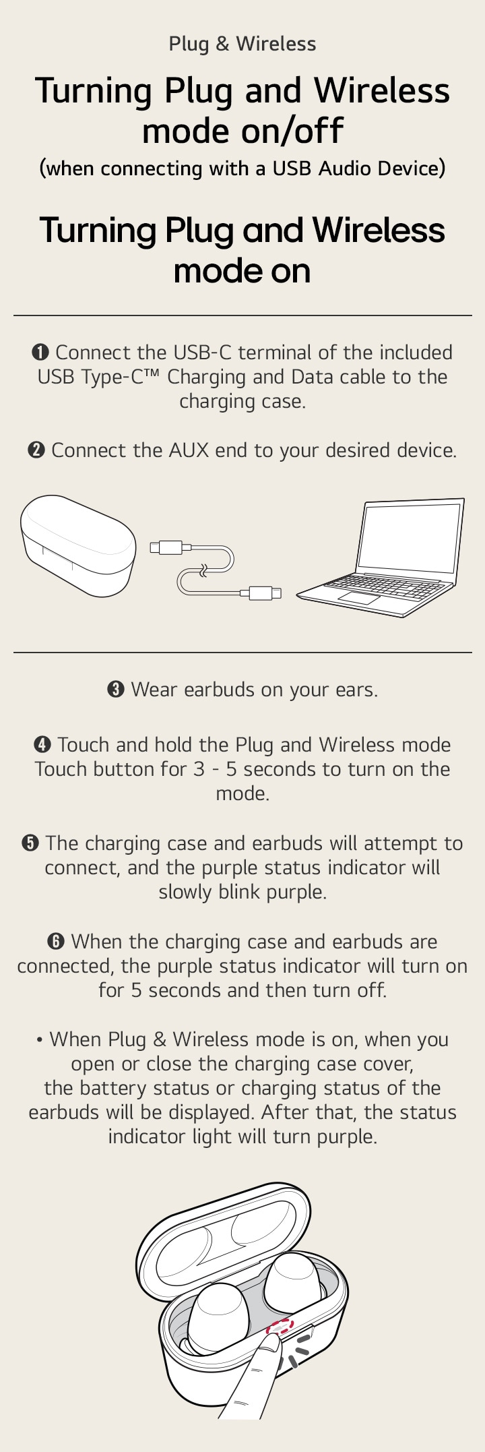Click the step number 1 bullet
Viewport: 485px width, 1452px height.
pyautogui.click(x=40, y=353)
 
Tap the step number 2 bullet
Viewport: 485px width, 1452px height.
pyautogui.click(x=36, y=450)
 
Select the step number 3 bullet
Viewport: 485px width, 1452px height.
pyautogui.click(x=116, y=690)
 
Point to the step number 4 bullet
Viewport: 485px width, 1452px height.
pyautogui.click(x=42, y=745)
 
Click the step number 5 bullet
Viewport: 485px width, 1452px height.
pyautogui.click(x=30, y=843)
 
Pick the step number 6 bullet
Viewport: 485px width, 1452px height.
pyautogui.click(x=56, y=942)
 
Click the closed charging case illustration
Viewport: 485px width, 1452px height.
pyautogui.click(x=77, y=545)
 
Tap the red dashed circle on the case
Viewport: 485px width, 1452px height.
pyautogui.click(x=280, y=1327)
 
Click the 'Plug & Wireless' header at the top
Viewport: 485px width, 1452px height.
pyautogui.click(x=243, y=44)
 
